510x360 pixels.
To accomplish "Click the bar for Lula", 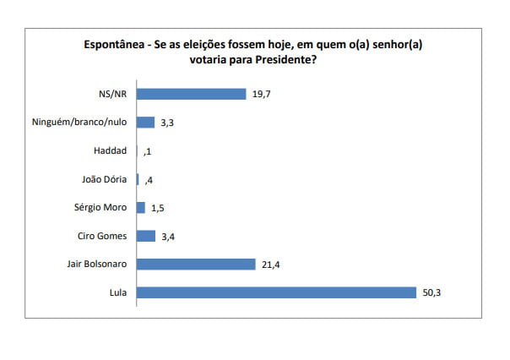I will point(276,292).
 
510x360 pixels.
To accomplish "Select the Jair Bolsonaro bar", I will point(195,264).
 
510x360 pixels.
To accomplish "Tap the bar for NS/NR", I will point(191,93).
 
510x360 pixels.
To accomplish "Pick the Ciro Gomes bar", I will point(145,236).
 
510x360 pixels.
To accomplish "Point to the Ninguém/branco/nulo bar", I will point(145,122).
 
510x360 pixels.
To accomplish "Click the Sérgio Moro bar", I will point(140,207).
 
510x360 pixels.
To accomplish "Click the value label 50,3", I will point(431,292).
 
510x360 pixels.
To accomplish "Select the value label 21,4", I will point(270,264).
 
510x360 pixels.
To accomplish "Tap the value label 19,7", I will point(261,93).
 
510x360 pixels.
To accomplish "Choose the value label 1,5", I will point(158,207).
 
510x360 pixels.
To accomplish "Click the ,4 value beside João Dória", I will point(149,179).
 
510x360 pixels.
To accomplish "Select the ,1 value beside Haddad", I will point(148,150).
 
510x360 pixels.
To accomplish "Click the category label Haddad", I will point(110,150).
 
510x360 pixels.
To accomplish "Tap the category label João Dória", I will point(104,179).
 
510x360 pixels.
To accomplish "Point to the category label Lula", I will point(117,292).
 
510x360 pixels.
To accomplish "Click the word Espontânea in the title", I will point(116,44).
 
